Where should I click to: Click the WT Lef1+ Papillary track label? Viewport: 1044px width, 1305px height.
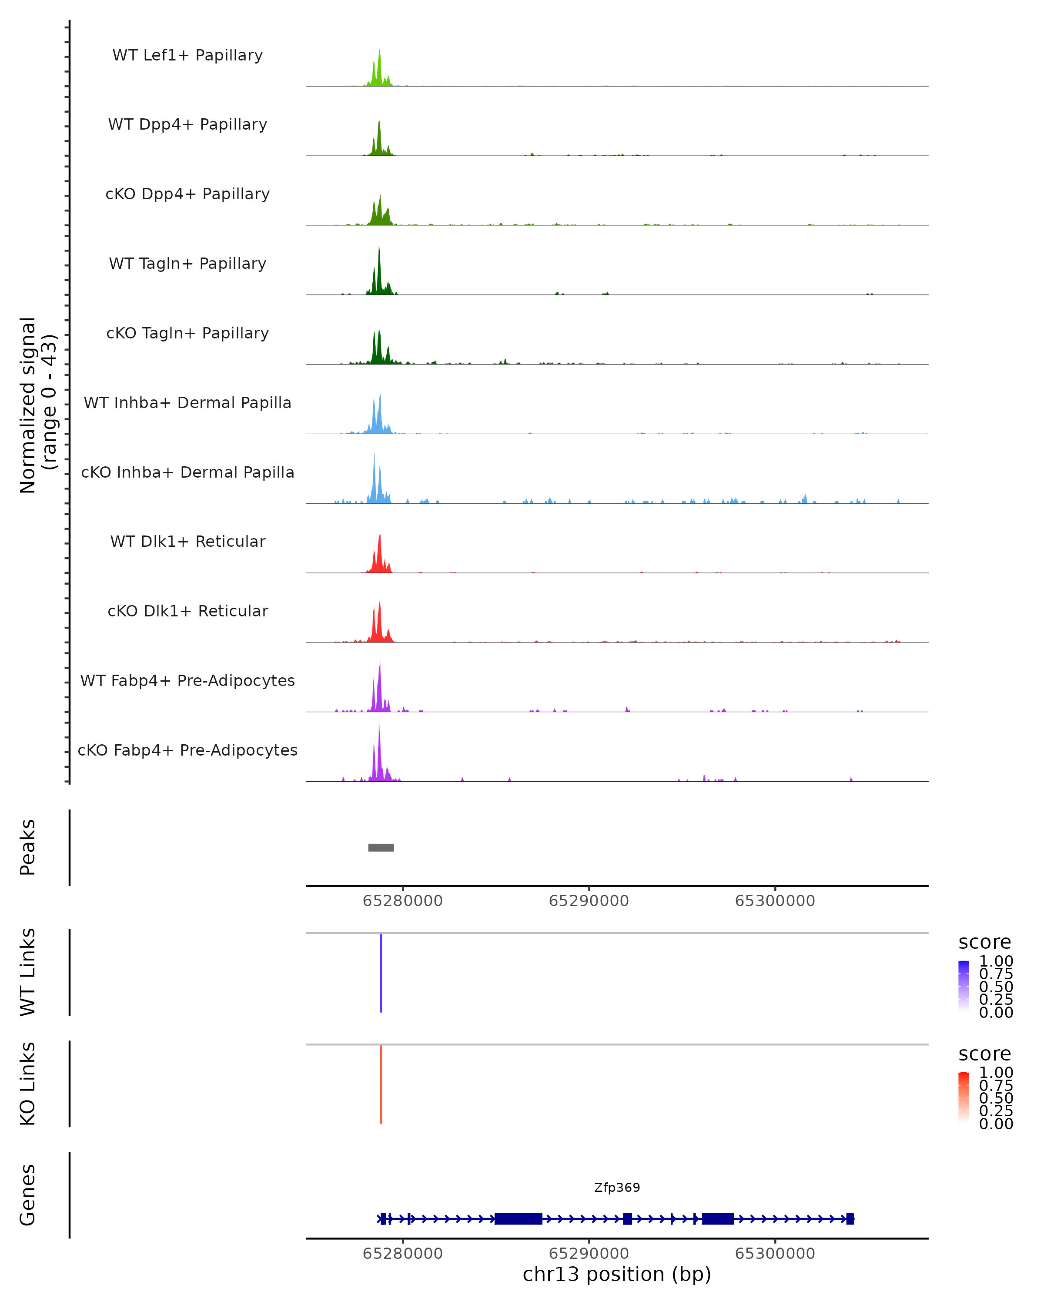pyautogui.click(x=187, y=55)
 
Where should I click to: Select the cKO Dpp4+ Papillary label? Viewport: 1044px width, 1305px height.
pyautogui.click(x=187, y=194)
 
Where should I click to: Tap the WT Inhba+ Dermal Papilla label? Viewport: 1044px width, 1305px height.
pyautogui.click(x=187, y=403)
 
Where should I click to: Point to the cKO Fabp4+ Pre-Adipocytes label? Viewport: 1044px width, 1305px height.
pyautogui.click(x=187, y=750)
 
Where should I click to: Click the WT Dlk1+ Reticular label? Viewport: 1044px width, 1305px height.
pyautogui.click(x=187, y=542)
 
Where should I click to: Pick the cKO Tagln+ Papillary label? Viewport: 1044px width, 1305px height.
pyautogui.click(x=187, y=334)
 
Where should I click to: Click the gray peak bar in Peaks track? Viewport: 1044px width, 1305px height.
pyautogui.click(x=381, y=847)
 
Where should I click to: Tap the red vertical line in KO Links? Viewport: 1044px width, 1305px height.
pyautogui.click(x=381, y=1084)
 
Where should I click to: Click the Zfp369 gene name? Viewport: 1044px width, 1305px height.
pyautogui.click(x=617, y=1188)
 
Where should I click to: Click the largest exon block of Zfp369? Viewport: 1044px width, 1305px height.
pyautogui.click(x=518, y=1218)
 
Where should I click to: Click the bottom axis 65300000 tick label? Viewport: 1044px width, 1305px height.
pyautogui.click(x=775, y=1254)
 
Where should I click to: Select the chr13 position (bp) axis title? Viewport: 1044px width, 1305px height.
pyautogui.click(x=617, y=1275)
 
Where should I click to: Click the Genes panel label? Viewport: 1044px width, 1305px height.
pyautogui.click(x=28, y=1195)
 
